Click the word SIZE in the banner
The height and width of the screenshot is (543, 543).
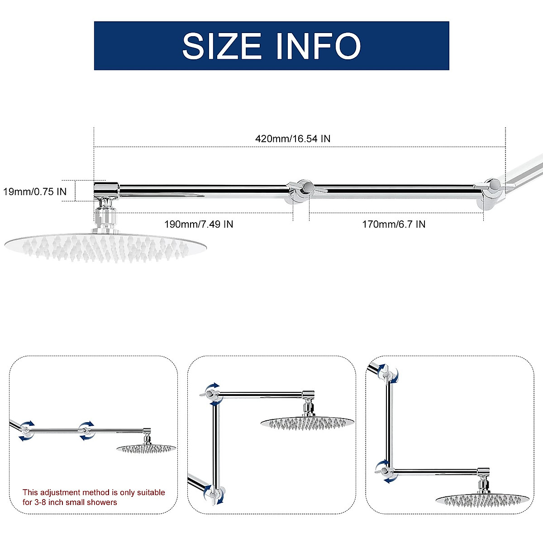pos(222,45)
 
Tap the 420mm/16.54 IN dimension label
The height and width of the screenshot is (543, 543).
pos(293,138)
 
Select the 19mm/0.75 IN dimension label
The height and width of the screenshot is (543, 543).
pos(35,191)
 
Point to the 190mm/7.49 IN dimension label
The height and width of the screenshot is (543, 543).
pos(199,224)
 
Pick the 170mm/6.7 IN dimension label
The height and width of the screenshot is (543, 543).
pos(394,224)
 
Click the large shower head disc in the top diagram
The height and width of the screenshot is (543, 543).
pos(105,247)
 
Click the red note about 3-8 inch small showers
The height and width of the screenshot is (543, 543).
pos(94,497)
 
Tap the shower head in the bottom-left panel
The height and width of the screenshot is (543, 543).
pos(146,448)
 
